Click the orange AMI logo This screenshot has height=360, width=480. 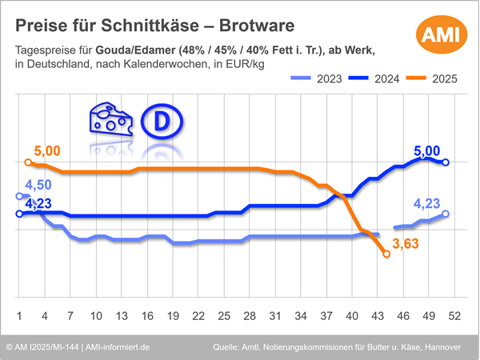(438, 35)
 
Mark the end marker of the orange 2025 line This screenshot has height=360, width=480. (387, 254)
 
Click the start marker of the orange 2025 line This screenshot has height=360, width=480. (29, 162)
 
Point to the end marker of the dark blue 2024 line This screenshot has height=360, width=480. (446, 162)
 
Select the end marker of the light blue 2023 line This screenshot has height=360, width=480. (446, 214)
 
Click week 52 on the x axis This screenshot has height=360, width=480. (454, 314)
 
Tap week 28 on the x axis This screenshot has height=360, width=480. (250, 314)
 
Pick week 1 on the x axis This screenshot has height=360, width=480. (19, 314)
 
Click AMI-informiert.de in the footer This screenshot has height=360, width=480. (120, 347)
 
